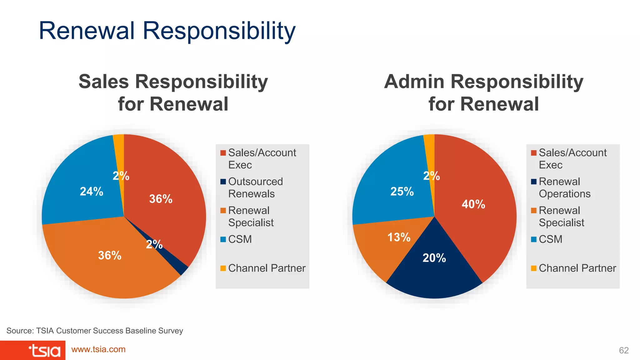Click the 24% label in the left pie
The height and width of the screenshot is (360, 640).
[91, 191]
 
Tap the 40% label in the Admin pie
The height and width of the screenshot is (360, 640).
[473, 204]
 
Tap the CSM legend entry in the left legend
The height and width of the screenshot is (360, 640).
[240, 239]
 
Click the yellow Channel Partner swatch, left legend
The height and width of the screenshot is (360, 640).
[223, 268]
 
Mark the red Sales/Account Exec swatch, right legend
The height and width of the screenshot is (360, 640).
[534, 153]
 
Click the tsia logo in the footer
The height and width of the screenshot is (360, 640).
[44, 351]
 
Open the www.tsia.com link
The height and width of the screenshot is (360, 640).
[98, 349]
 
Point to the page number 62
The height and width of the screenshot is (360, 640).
[623, 350]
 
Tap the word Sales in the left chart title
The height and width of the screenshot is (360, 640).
[103, 82]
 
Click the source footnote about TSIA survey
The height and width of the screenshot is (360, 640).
[95, 331]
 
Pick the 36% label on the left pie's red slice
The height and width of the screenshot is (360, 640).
[161, 199]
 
